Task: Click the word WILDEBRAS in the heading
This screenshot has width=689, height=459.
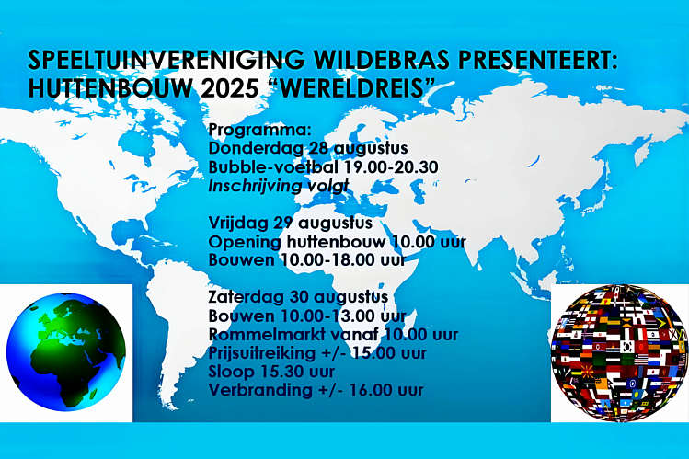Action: pyautogui.click(x=377, y=60)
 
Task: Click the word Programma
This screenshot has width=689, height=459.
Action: pyautogui.click(x=259, y=131)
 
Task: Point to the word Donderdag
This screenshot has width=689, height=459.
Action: pyautogui.click(x=256, y=147)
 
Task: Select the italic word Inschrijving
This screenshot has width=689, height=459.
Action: pyautogui.click(x=255, y=186)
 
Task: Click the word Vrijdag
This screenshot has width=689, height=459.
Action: pyautogui.click(x=238, y=224)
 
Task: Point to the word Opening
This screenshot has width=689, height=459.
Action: pyautogui.click(x=245, y=242)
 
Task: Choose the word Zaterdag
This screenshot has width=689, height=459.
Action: pyautogui.click(x=247, y=297)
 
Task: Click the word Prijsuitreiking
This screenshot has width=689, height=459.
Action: pyautogui.click(x=262, y=353)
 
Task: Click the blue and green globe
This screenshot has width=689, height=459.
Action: pyautogui.click(x=66, y=351)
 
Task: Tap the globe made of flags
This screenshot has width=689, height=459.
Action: pyautogui.click(x=619, y=352)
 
